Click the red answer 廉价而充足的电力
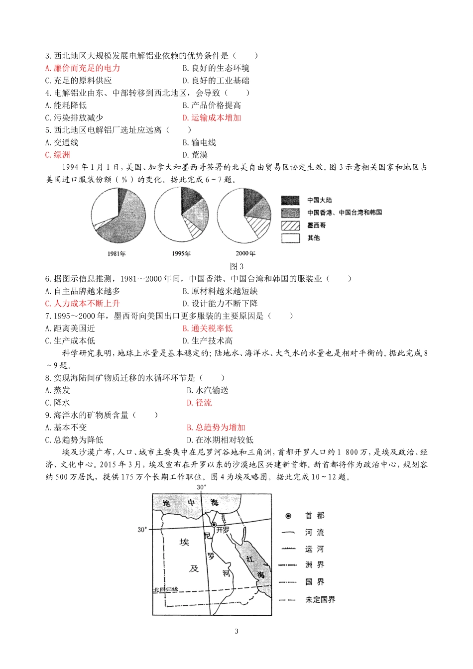(83, 68)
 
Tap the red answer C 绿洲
(58, 155)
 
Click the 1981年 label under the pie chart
(117, 254)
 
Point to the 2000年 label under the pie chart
(245, 254)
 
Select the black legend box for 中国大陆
(290, 200)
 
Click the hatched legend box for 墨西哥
(290, 225)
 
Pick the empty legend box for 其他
(290, 238)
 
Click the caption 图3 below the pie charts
(236, 266)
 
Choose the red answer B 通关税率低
(208, 329)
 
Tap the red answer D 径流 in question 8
(199, 403)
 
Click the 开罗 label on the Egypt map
(223, 531)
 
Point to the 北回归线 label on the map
(165, 590)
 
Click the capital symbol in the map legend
(288, 516)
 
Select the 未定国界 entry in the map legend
(320, 600)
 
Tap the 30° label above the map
(201, 487)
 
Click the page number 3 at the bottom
(236, 631)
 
